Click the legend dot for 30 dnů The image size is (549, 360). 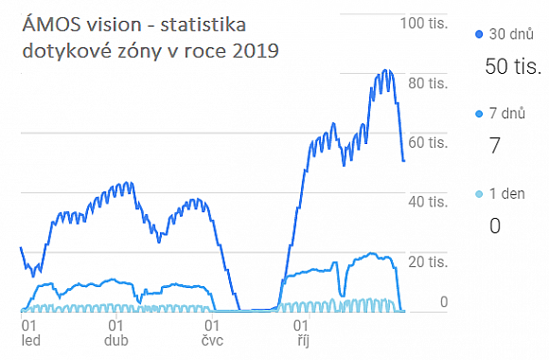(478, 34)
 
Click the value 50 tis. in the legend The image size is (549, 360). (512, 67)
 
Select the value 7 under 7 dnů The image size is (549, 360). (494, 146)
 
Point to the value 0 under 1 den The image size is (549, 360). (494, 225)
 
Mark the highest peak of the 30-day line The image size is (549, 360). (384, 71)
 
